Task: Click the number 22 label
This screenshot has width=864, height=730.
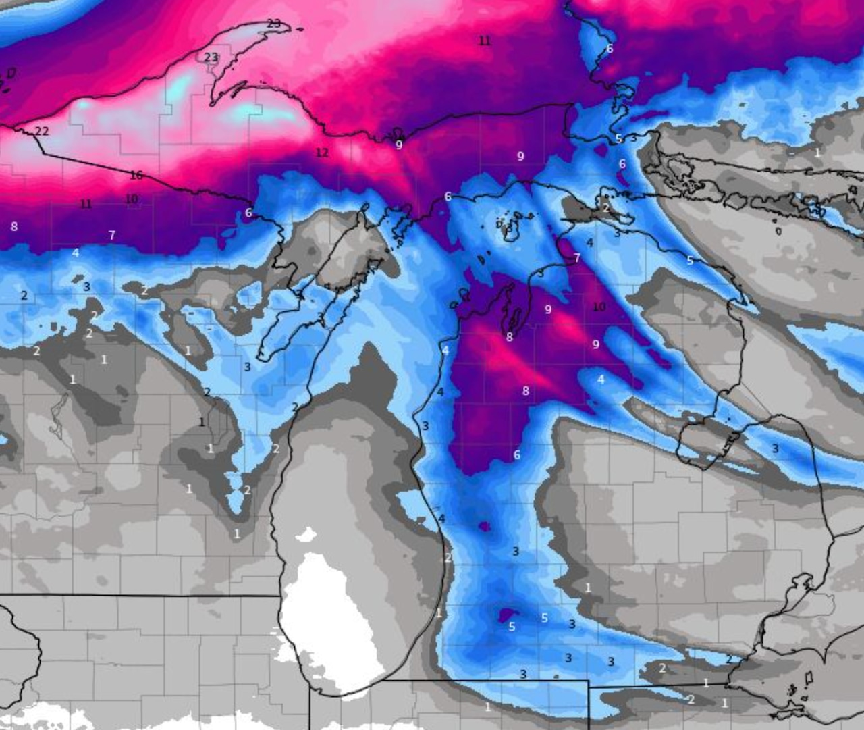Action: click(x=42, y=131)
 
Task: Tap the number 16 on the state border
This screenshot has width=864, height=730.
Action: click(x=136, y=176)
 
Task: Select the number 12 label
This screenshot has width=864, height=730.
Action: click(x=322, y=153)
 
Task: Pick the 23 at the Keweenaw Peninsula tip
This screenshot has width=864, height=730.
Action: click(x=273, y=24)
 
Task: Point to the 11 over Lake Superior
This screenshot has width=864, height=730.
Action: click(x=485, y=41)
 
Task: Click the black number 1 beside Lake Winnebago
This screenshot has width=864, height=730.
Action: click(x=201, y=423)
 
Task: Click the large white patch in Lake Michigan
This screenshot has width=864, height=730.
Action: click(x=324, y=615)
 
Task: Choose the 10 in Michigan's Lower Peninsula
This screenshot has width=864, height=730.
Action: click(x=599, y=307)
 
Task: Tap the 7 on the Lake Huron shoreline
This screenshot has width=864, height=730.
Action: click(x=577, y=259)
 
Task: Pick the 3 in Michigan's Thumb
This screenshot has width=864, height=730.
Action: click(x=776, y=449)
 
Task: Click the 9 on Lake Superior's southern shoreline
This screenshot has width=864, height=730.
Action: click(x=399, y=145)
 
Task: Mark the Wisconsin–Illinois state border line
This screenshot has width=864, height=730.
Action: click(x=135, y=596)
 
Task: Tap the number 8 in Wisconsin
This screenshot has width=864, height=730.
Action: click(x=14, y=227)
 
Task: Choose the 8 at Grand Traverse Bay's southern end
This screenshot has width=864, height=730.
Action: click(x=510, y=337)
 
